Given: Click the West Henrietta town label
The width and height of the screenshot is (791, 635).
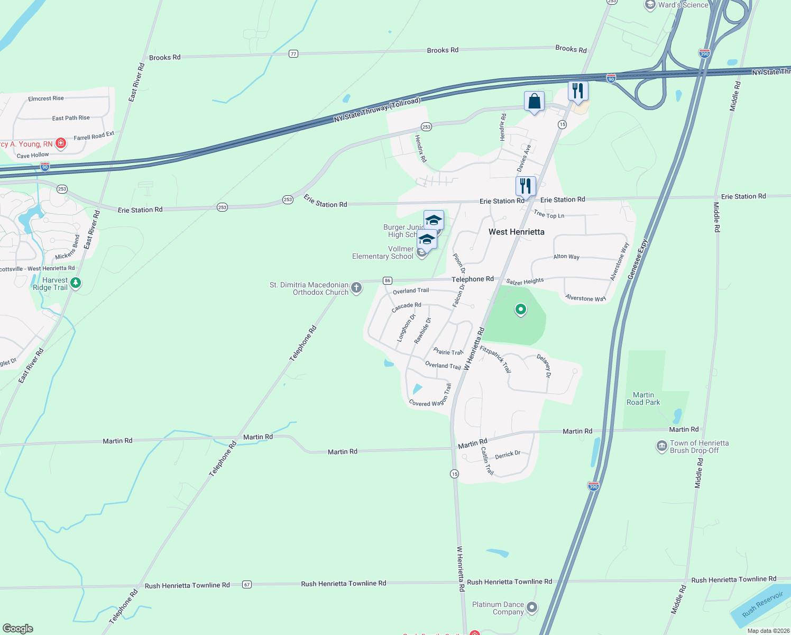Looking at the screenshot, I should pos(516,232).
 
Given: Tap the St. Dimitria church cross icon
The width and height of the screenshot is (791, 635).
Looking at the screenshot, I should pos(356,287).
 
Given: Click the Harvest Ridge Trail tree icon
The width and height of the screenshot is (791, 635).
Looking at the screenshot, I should pos(76,283).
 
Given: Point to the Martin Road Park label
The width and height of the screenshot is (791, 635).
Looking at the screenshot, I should pos(643,398).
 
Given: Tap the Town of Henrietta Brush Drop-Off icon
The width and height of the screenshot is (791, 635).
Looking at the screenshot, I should pos(661,447).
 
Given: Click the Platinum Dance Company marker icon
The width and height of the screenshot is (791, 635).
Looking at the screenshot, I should pos(532,607).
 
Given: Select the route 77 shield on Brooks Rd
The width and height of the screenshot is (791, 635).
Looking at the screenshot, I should pos(293,54).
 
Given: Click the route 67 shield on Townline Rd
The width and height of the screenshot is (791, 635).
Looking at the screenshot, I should pos(247,585).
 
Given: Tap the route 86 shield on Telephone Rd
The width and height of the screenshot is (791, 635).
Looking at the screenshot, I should pos(388,280).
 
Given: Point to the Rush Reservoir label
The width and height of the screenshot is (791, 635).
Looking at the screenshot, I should pos(762,604).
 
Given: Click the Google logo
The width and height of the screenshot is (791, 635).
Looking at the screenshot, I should pos(18,629).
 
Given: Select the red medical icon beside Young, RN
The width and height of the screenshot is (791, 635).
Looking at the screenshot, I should pos(61,143).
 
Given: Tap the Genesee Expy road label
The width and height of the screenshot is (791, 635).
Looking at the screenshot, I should pos(637,259).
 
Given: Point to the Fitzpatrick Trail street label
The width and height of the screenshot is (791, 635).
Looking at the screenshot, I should pos(495,359).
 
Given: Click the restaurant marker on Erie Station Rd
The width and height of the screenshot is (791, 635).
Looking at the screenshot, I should pos(526,186).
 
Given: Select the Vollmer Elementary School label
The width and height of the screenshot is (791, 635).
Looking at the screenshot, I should pos(383,252).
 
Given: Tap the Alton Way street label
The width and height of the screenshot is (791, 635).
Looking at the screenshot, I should pos(566,257).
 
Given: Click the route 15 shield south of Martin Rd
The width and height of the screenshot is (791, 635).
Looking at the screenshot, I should pos(455,474).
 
